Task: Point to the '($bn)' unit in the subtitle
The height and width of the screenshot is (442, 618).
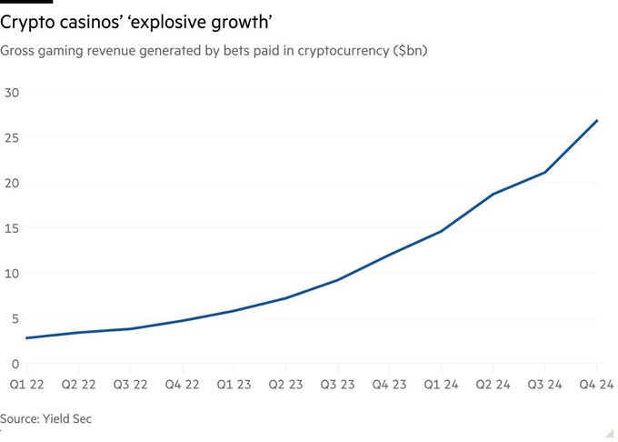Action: point(409,51)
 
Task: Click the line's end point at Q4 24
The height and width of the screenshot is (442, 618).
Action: point(598,120)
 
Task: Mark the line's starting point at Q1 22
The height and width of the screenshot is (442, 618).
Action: point(26,338)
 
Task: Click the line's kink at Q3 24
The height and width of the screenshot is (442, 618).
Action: point(545,173)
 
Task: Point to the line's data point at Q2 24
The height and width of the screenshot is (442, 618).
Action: point(493,194)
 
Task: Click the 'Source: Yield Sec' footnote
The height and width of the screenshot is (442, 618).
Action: point(46,418)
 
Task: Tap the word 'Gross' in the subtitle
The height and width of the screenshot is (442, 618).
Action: point(17,51)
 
